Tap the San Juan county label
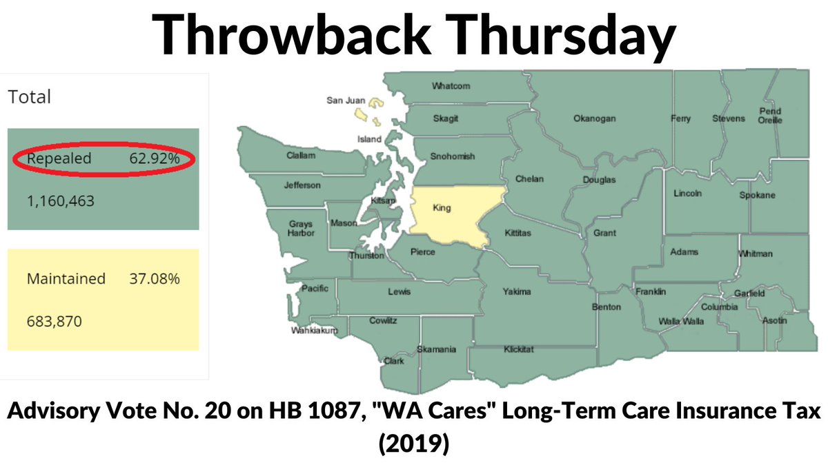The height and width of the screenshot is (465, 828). [x=345, y=101]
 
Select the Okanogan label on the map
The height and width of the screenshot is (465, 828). [x=594, y=118]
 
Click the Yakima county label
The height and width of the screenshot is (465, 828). [x=517, y=291]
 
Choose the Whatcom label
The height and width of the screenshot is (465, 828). [x=451, y=86]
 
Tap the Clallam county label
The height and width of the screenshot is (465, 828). [x=301, y=156]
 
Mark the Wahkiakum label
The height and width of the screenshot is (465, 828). [x=315, y=331]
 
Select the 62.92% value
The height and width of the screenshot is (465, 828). [x=155, y=159]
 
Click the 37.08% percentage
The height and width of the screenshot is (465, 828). [x=155, y=279]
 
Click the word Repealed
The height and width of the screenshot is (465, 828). [x=59, y=159]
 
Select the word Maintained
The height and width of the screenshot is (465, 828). [x=66, y=279]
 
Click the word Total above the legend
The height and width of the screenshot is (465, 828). [x=30, y=97]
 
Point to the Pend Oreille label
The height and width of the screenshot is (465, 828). [x=771, y=115]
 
